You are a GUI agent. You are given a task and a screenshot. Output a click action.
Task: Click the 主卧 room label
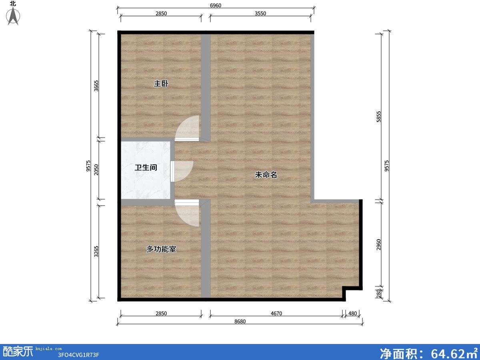pos(161,84)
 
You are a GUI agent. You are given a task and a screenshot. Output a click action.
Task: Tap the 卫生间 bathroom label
pos(146,168)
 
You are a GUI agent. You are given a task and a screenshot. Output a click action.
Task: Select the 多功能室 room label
pos(161,249)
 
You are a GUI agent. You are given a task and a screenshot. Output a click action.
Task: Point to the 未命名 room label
pos(266,175)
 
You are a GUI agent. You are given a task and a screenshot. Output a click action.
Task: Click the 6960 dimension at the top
pos(216,5)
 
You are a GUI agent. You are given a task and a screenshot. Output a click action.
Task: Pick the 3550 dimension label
pos(260,13)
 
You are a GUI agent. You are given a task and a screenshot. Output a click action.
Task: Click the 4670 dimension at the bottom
pos(276,314)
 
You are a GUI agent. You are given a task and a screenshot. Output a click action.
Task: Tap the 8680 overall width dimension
pos(240,322)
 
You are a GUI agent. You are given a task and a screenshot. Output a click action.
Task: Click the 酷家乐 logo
pos(18,352)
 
